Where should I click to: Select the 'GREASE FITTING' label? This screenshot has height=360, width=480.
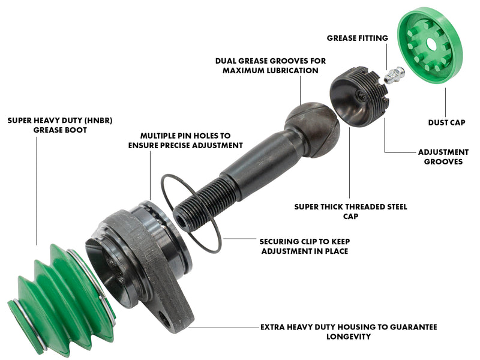click(357, 38)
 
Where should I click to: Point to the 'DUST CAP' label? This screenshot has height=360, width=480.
click(446, 123)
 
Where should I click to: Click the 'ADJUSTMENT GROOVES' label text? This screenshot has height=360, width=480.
click(443, 157)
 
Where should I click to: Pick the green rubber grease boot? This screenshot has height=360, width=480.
click(61, 300)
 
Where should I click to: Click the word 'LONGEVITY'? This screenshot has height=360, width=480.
click(349, 337)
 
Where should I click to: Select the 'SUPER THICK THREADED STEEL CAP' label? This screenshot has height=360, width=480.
click(350, 212)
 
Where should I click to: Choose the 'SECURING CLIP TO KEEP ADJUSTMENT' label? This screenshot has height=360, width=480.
click(305, 246)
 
